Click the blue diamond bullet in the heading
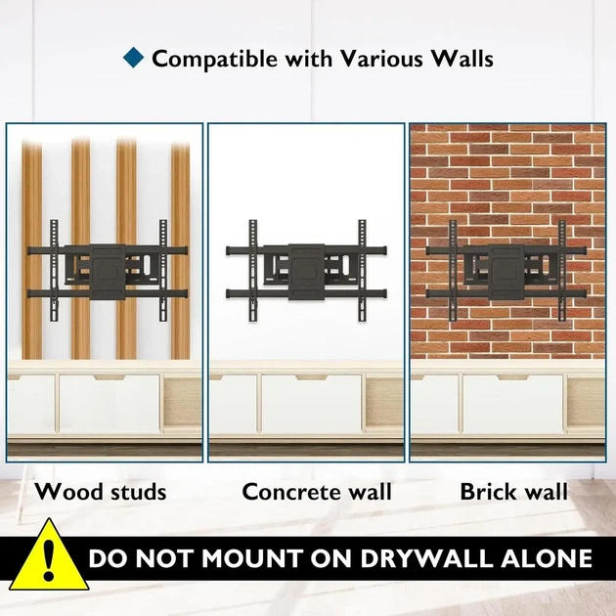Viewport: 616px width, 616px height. point(134,58)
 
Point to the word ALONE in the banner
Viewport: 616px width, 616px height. point(547,558)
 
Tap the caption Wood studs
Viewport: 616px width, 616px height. point(101,492)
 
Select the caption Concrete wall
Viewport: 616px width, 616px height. point(317,492)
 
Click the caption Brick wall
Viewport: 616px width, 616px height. point(514,492)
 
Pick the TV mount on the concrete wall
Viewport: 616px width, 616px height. point(306,271)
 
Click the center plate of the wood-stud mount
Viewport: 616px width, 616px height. point(108,272)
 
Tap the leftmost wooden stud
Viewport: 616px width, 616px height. point(32,250)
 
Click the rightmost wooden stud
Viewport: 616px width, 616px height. point(180,250)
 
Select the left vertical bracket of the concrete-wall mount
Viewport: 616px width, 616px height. point(252,271)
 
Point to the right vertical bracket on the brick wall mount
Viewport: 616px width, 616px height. point(562,271)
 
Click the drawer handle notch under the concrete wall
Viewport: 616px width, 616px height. point(311,377)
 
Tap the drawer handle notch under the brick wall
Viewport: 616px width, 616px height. point(512,377)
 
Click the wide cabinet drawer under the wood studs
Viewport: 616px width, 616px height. point(110,404)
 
